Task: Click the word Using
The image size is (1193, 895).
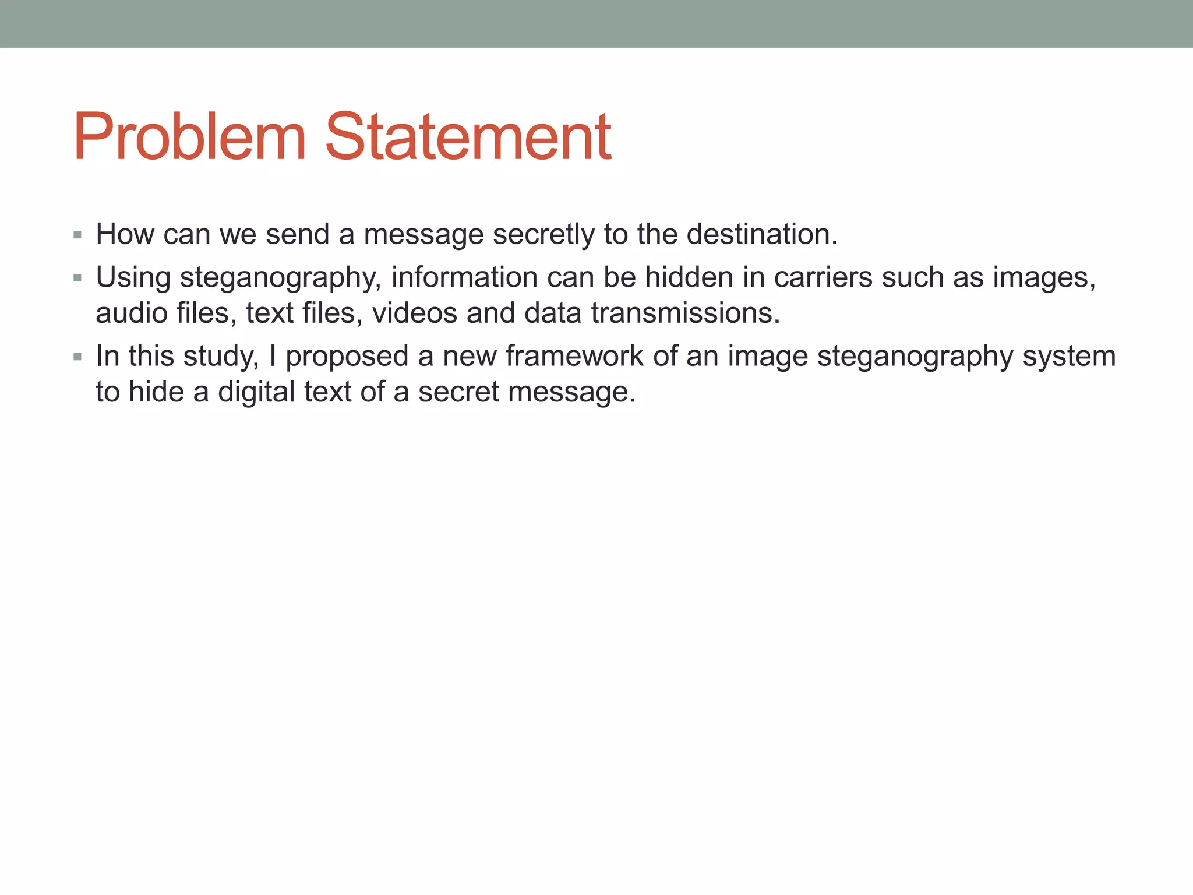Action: (x=133, y=278)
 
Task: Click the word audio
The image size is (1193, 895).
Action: (x=132, y=313)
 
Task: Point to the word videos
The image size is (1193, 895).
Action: (x=415, y=313)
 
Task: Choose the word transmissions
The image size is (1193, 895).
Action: (x=686, y=313)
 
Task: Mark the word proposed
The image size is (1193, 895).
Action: (x=347, y=357)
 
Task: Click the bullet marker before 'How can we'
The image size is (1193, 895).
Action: (x=77, y=235)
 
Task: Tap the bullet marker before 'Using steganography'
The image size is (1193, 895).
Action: (x=77, y=279)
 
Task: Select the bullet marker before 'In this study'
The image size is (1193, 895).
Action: (x=77, y=357)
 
